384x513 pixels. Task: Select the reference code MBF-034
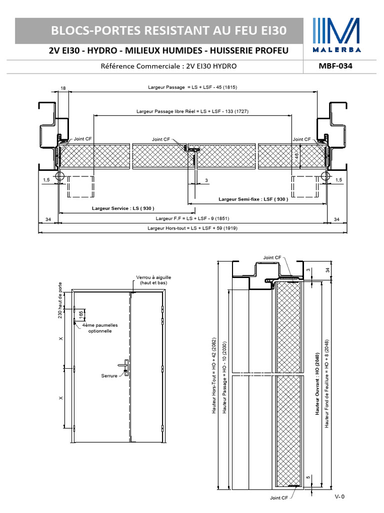[x=335, y=66]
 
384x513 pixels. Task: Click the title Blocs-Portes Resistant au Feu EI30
[x=169, y=31]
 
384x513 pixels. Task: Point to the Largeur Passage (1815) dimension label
[x=192, y=87]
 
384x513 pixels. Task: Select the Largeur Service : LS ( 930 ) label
[x=123, y=208]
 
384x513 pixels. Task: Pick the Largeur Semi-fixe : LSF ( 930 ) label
[x=253, y=199]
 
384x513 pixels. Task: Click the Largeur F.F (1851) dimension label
[x=192, y=218]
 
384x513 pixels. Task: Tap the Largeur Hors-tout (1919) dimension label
[x=192, y=228]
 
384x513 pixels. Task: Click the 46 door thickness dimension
[x=297, y=156]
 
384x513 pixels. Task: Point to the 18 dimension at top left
[x=62, y=88]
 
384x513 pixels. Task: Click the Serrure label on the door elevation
[x=109, y=375]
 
